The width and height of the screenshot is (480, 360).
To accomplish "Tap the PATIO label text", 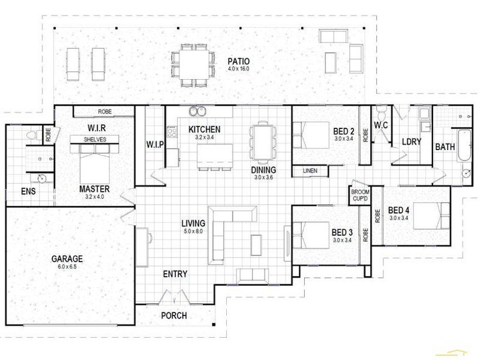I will pos(239,61).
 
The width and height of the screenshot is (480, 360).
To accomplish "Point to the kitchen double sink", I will pos(197,112).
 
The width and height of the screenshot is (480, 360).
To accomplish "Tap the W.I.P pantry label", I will pos(155,145).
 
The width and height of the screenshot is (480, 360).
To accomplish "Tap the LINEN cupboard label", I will pos(310,171).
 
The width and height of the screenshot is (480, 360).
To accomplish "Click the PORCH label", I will pos(175,315).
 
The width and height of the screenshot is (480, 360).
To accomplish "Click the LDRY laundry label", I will pos(412,142).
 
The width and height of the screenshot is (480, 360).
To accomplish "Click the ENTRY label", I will pos(175,274).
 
